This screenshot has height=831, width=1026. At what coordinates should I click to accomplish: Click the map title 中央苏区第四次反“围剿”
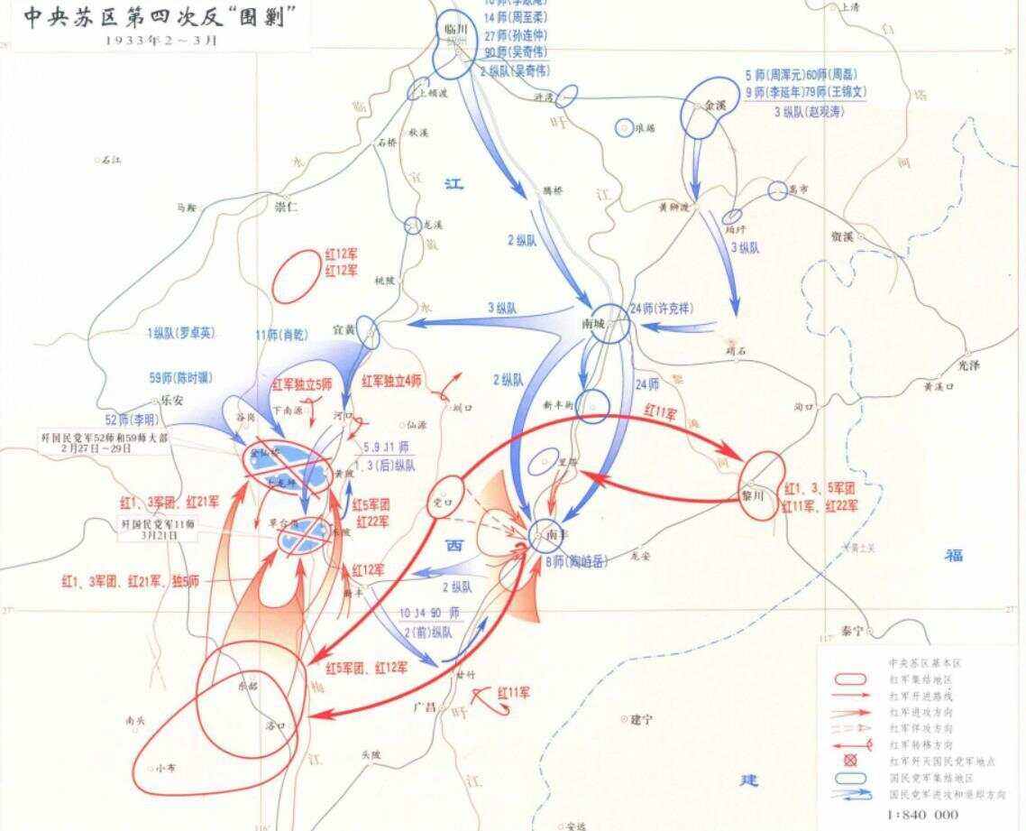point(160,18)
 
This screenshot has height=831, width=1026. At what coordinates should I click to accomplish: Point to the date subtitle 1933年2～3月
point(160,41)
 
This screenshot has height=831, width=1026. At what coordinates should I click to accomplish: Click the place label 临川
point(456,29)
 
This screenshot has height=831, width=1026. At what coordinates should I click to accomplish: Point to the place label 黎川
point(753,496)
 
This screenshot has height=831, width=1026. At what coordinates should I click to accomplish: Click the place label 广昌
point(424,706)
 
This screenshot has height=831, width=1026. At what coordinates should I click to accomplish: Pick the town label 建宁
point(641,719)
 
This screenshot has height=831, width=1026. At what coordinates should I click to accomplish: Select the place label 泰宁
point(852,631)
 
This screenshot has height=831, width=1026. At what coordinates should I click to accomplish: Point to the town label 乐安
point(171,401)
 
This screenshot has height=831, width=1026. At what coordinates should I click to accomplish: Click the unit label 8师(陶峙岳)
point(577,561)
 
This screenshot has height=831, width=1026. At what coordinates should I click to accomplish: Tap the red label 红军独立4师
point(391,381)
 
